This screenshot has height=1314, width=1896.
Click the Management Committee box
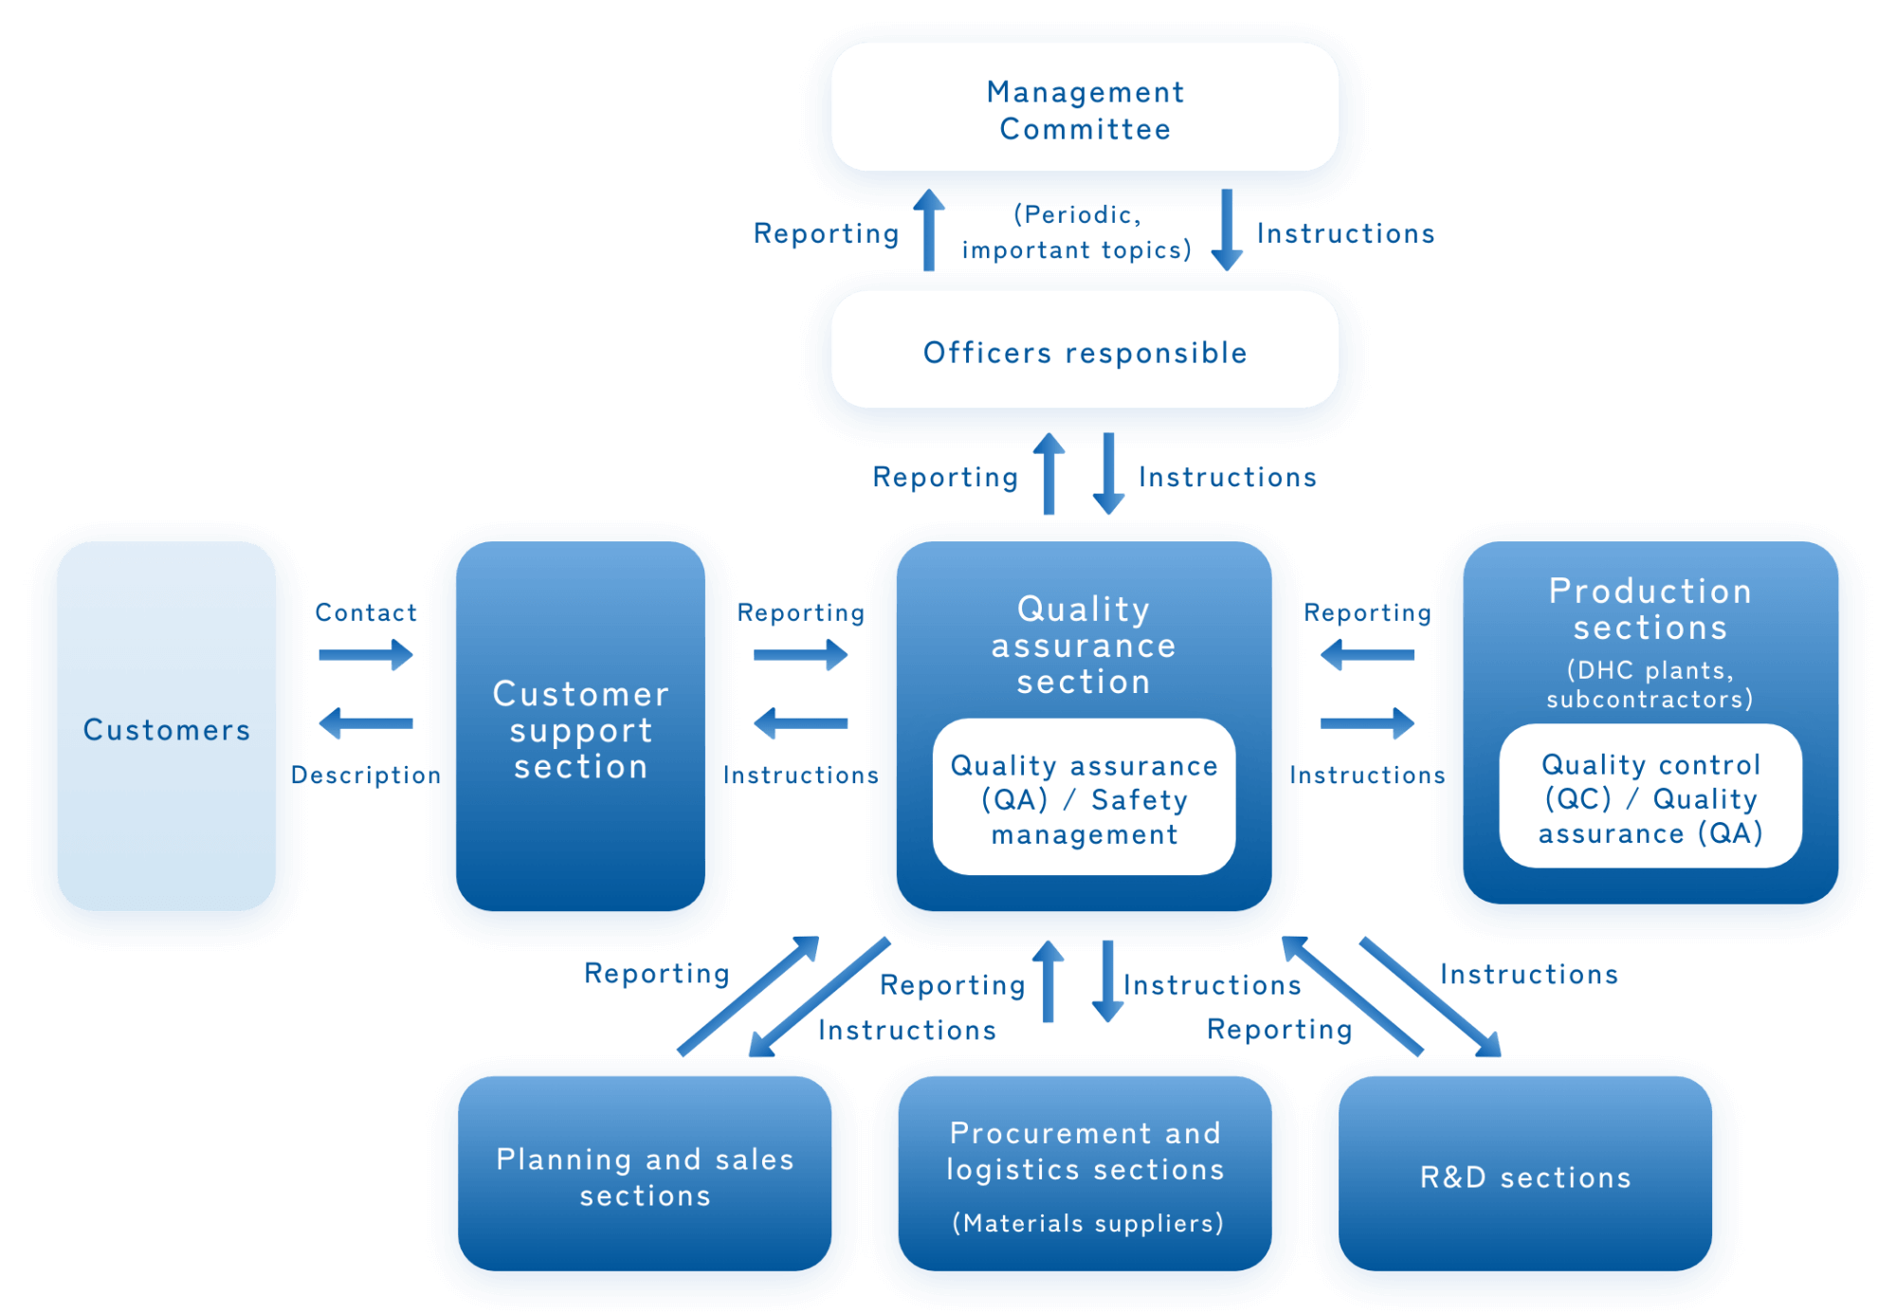[x=1085, y=109]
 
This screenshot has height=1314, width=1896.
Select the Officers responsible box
[x=1085, y=352]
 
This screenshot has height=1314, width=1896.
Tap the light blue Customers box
[x=166, y=728]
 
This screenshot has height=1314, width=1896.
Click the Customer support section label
[x=580, y=730]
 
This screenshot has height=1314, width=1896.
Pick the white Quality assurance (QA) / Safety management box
[x=1084, y=798]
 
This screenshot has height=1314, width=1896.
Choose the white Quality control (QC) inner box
[x=1650, y=797]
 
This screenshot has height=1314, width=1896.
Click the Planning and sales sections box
[x=645, y=1177]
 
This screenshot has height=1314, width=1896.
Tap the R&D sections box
[x=1524, y=1177]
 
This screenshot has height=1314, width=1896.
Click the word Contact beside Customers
[x=366, y=612]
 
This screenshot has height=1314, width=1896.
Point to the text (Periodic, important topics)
[x=1077, y=232]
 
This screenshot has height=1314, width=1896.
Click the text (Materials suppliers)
[x=1087, y=1223]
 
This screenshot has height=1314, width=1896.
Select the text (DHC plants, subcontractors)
[x=1650, y=684]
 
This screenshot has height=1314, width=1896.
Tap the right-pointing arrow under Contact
[x=366, y=654]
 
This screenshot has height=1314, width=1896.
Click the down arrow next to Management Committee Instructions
[x=1227, y=230]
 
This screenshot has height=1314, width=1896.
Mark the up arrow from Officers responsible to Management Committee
[x=929, y=230]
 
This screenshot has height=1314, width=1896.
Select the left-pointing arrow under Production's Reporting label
[x=1367, y=654]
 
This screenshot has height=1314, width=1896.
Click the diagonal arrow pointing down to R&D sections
[x=1431, y=997]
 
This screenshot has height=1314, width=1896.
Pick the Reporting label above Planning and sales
[x=656, y=974]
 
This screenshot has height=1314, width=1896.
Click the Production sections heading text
[x=1650, y=609]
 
